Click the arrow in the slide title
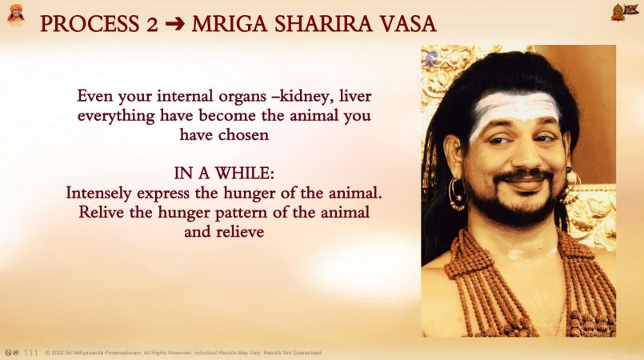tap(174, 24)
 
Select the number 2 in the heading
tap(152, 24)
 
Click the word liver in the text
tap(355, 96)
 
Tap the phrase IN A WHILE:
tap(224, 174)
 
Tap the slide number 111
tap(31, 353)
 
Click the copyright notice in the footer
tap(183, 353)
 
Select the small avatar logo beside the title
tap(16, 14)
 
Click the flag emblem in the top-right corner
tap(623, 11)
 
